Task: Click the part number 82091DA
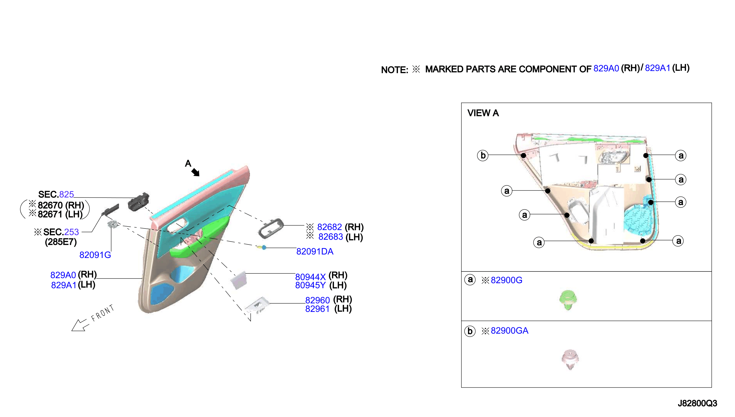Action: (x=315, y=251)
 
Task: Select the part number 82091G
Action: (x=95, y=255)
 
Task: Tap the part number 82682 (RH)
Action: (x=340, y=227)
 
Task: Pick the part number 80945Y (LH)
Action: (x=321, y=285)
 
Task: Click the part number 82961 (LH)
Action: (x=328, y=309)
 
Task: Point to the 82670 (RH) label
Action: (x=61, y=205)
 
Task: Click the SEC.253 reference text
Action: (x=61, y=232)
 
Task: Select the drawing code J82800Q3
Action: (x=697, y=403)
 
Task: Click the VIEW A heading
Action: (x=483, y=113)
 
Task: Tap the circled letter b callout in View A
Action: (x=483, y=155)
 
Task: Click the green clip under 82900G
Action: (x=568, y=300)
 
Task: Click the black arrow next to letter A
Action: (x=195, y=172)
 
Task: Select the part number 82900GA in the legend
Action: (x=509, y=331)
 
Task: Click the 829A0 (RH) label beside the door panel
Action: (x=74, y=275)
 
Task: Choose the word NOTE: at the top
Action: (x=394, y=70)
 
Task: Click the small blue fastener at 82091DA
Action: (x=264, y=247)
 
